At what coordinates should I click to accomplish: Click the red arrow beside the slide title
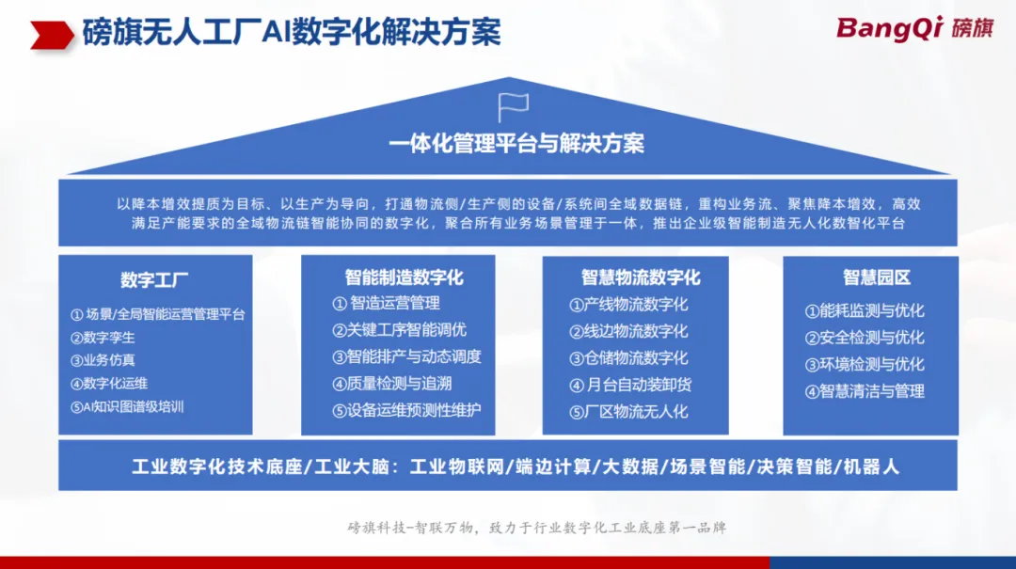(x=52, y=35)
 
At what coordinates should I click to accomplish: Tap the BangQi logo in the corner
(x=914, y=28)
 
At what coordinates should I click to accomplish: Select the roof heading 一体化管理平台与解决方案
(x=516, y=144)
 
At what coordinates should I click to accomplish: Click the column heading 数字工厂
(x=154, y=280)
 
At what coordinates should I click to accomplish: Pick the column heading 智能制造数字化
(x=404, y=278)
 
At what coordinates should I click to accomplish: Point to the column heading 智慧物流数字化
(x=641, y=278)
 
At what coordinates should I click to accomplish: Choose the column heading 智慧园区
(x=877, y=278)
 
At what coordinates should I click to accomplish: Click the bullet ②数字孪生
(x=103, y=338)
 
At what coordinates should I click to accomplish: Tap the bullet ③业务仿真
(x=103, y=360)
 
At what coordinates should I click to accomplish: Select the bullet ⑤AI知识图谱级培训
(x=127, y=407)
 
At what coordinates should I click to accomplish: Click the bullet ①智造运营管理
(x=387, y=303)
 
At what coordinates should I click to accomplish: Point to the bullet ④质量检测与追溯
(x=392, y=384)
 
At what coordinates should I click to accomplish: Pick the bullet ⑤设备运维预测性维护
(x=407, y=410)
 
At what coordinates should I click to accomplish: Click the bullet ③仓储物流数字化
(x=628, y=358)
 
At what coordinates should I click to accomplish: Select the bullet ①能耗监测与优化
(x=865, y=311)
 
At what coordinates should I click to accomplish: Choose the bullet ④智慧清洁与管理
(x=865, y=391)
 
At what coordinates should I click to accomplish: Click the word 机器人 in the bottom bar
(x=871, y=467)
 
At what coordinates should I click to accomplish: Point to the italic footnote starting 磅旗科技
(x=537, y=528)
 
